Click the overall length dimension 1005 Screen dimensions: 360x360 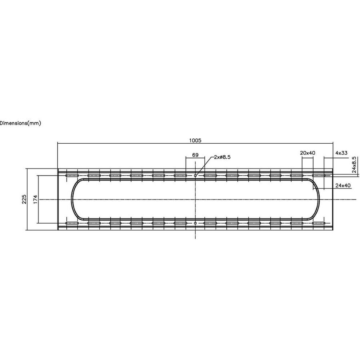(195, 140)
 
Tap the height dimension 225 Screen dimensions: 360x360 (24, 199)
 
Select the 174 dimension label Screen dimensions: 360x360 (35, 199)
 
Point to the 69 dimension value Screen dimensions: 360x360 (195, 155)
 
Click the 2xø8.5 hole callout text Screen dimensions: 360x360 (222, 157)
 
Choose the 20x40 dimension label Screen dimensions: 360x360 (308, 153)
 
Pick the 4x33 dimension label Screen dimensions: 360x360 (342, 153)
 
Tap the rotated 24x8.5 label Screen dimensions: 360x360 (354, 165)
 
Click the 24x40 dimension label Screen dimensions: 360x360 (343, 185)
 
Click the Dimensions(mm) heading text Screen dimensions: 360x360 (20, 123)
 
